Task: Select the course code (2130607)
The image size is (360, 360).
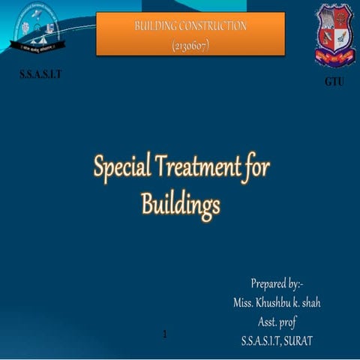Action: [x=190, y=46]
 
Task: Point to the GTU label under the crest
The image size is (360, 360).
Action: [x=334, y=82]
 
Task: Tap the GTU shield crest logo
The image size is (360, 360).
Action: [x=335, y=34]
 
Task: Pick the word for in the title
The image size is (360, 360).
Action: [x=257, y=166]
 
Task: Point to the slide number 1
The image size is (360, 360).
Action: [x=164, y=333]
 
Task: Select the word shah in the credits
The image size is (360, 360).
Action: [x=331, y=303]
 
